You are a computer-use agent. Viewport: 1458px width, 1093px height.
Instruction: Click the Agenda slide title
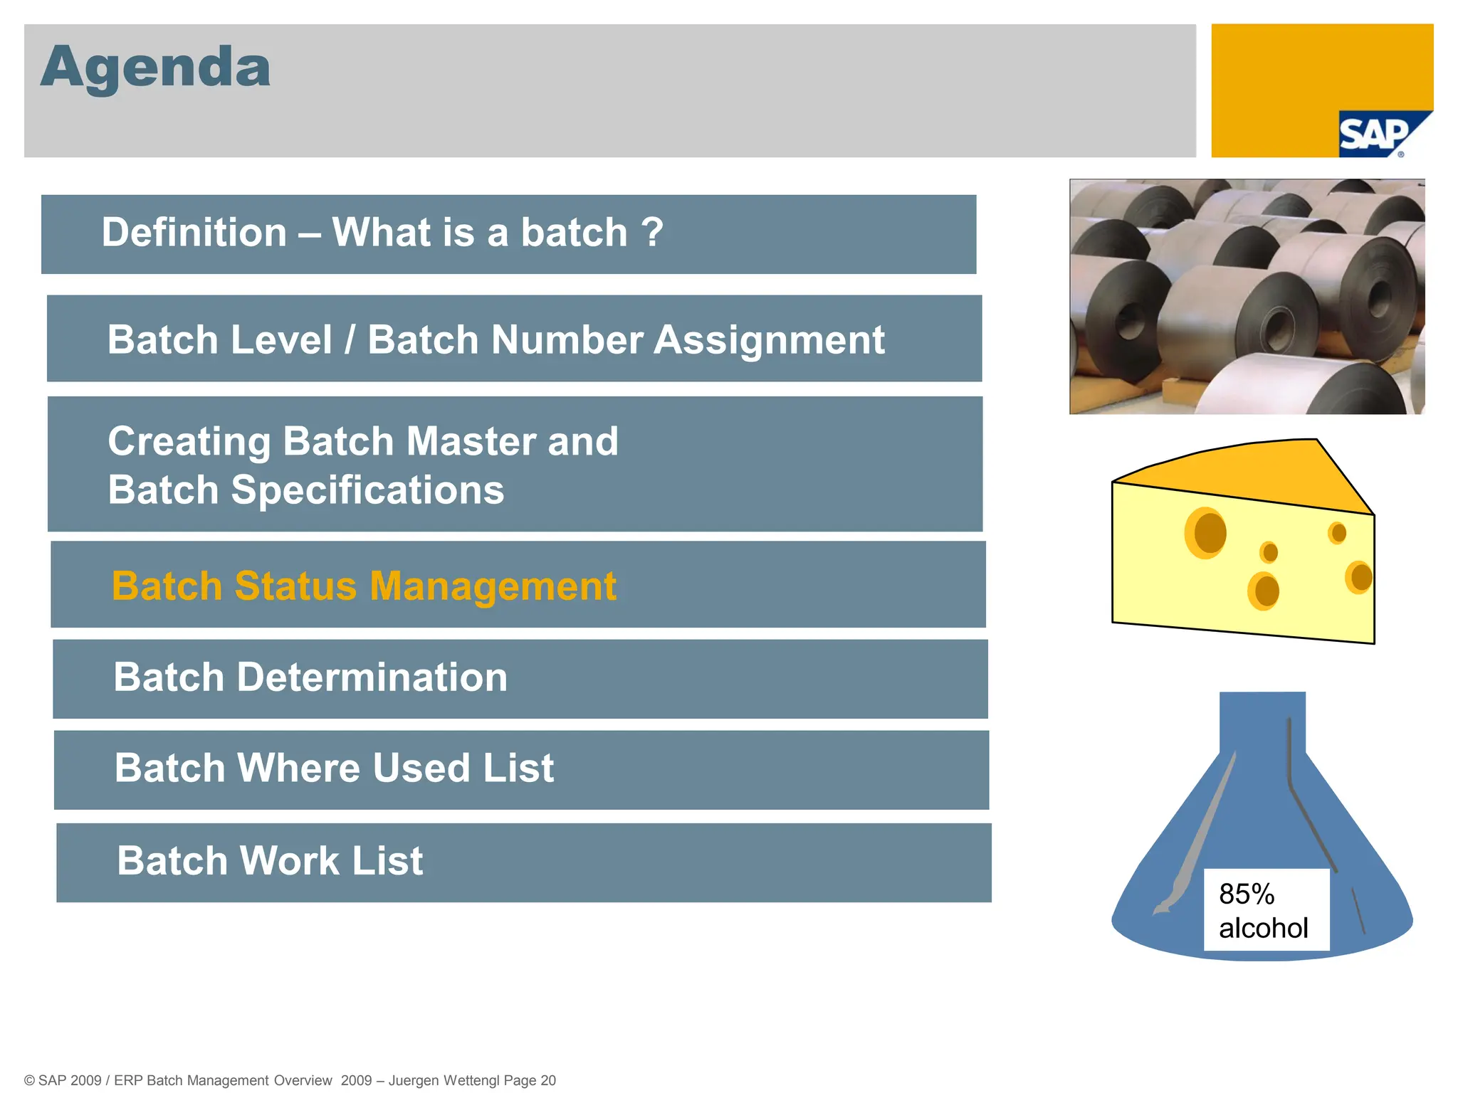tap(155, 68)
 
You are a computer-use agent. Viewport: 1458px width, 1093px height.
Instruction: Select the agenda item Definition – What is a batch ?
tap(382, 233)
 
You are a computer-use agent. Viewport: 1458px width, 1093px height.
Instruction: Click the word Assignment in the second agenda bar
tap(769, 340)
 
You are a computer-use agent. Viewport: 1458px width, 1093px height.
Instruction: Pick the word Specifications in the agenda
tap(367, 490)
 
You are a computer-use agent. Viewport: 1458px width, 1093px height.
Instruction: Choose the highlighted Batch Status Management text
tap(364, 586)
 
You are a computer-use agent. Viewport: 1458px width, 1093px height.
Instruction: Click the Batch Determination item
tap(310, 677)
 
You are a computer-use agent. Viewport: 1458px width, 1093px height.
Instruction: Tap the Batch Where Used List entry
tap(334, 769)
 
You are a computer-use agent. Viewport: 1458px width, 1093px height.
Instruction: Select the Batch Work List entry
tap(270, 861)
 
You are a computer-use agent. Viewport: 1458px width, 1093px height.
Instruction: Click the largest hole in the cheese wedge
tap(1206, 533)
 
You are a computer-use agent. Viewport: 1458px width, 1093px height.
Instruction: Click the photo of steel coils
tap(1247, 297)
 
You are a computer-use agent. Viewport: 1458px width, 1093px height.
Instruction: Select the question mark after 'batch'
tap(651, 233)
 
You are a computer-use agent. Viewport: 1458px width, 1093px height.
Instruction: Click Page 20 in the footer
tap(530, 1080)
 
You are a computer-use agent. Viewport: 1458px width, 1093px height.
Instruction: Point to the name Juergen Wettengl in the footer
tap(444, 1080)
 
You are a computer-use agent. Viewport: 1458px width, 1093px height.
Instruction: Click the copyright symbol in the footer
tap(29, 1080)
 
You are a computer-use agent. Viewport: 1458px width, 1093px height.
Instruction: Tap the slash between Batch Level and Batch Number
tap(350, 340)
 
